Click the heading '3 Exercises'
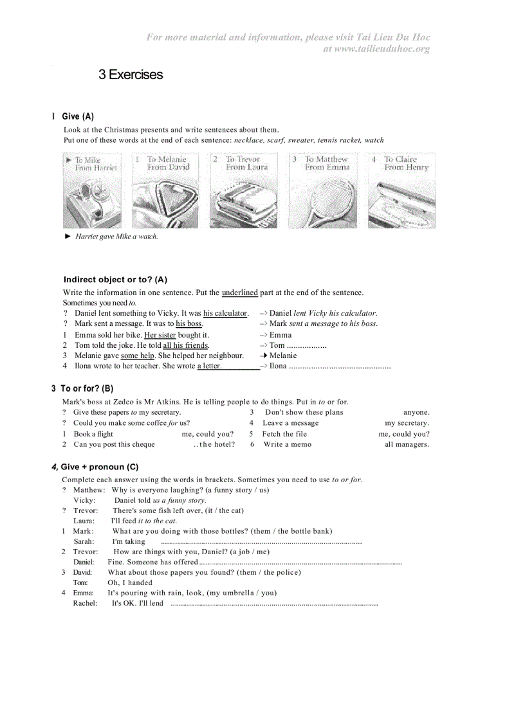pyautogui.click(x=131, y=75)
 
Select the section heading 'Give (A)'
pyautogui.click(x=78, y=116)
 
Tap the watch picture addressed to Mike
pyautogui.click(x=92, y=191)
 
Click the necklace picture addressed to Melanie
pyautogui.click(x=165, y=191)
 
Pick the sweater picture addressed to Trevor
pyautogui.click(x=244, y=191)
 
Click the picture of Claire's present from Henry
pyautogui.click(x=401, y=191)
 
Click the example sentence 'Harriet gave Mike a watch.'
pyautogui.click(x=116, y=237)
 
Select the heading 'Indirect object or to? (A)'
pyautogui.click(x=115, y=280)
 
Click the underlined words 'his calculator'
pyautogui.click(x=225, y=313)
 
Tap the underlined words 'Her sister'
pyautogui.click(x=160, y=335)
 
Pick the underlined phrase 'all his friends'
pyautogui.click(x=185, y=345)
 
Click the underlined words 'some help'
pyautogui.click(x=137, y=356)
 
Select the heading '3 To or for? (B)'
pyautogui.click(x=82, y=388)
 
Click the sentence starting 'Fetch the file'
pyautogui.click(x=284, y=434)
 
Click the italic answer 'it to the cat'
pyautogui.click(x=157, y=521)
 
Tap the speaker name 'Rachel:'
pyautogui.click(x=85, y=603)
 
